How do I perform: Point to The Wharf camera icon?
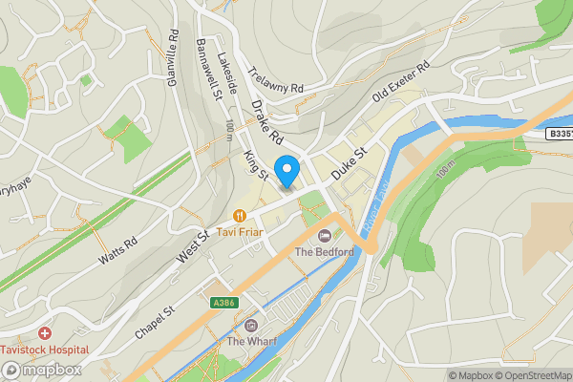[x=251, y=325]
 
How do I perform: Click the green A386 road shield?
[x=223, y=302]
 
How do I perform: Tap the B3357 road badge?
[x=560, y=136]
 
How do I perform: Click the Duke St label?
[x=350, y=163]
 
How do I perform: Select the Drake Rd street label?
[x=262, y=119]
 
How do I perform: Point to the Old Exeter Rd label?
[x=402, y=84]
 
